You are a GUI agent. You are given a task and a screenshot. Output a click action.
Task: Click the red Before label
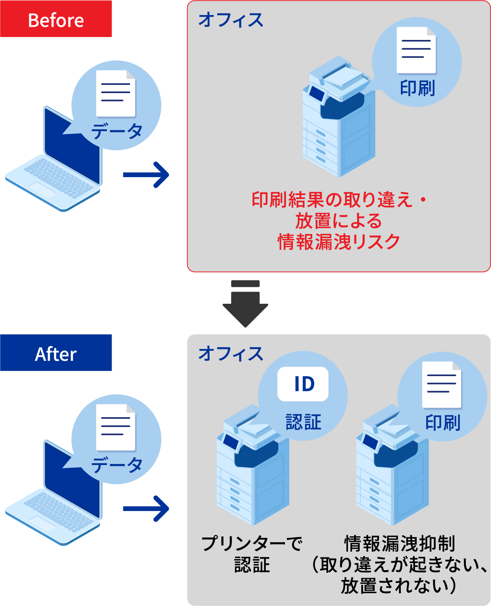click(56, 19)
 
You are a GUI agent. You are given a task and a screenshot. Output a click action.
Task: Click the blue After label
click(56, 353)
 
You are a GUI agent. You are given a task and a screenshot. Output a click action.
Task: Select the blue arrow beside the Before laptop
click(146, 174)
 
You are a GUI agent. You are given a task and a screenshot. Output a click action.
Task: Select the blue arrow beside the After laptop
click(146, 508)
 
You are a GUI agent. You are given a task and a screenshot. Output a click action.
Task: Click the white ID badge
click(303, 384)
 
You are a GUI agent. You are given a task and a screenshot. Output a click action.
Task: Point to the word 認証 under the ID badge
click(303, 422)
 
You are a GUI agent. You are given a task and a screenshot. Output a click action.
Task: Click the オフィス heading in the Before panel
click(231, 20)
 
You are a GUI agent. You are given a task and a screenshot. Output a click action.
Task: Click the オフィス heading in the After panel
click(231, 354)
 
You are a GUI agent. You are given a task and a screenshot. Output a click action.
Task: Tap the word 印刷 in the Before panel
click(417, 88)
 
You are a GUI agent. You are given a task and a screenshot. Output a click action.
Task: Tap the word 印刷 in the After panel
click(443, 422)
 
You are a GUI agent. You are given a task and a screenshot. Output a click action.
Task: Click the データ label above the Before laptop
click(117, 131)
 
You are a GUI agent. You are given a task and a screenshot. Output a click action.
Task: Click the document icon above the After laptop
click(116, 427)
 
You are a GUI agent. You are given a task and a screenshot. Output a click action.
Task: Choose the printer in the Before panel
click(338, 121)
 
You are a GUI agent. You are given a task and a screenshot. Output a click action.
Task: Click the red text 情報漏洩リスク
click(339, 242)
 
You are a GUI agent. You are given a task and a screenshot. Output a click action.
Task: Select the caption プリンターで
click(252, 543)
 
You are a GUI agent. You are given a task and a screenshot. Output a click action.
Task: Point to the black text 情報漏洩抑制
click(400, 543)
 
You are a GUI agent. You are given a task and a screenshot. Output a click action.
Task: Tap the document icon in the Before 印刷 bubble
click(416, 50)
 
